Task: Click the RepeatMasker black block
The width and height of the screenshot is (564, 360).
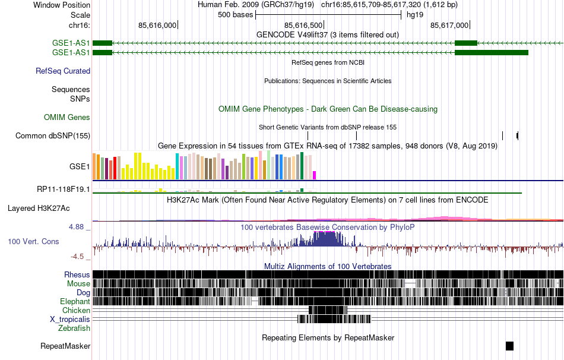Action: pyautogui.click(x=509, y=346)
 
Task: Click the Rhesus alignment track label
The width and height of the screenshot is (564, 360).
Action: pyautogui.click(x=77, y=275)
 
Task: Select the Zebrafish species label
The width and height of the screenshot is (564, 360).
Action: pyautogui.click(x=74, y=328)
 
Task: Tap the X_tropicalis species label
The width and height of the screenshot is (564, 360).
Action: pyautogui.click(x=70, y=319)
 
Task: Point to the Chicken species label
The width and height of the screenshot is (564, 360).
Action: pyautogui.click(x=76, y=310)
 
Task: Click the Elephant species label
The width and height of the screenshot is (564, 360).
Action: pyautogui.click(x=75, y=301)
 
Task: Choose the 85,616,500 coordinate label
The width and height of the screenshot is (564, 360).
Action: pyautogui.click(x=304, y=25)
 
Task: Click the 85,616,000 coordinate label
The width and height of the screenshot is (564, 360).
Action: pyautogui.click(x=157, y=25)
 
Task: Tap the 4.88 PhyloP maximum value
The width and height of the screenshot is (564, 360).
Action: pyautogui.click(x=79, y=227)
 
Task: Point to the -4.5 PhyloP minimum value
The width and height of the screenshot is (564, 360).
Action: pyautogui.click(x=81, y=257)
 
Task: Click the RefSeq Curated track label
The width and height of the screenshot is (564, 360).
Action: pyautogui.click(x=63, y=71)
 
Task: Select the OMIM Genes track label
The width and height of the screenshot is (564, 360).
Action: pyautogui.click(x=67, y=118)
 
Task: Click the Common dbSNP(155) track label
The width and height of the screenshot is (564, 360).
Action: pyautogui.click(x=53, y=135)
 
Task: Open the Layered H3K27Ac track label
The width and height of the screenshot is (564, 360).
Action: pyautogui.click(x=39, y=209)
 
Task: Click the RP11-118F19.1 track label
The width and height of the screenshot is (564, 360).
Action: pyautogui.click(x=64, y=190)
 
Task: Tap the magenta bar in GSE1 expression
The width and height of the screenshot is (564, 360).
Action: pyautogui.click(x=315, y=175)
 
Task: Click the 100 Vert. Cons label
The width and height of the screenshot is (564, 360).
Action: pyautogui.click(x=33, y=242)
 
